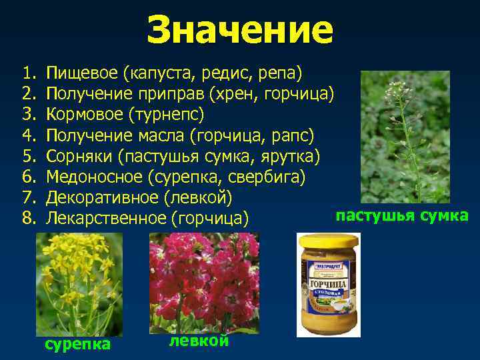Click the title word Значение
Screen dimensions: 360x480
[x=239, y=30]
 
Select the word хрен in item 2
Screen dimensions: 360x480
[x=233, y=93]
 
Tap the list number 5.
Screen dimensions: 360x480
[x=28, y=157]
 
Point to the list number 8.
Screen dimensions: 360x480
[x=28, y=219]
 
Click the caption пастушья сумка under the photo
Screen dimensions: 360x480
[x=402, y=215]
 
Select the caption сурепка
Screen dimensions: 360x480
[x=77, y=344]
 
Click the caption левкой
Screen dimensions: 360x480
[x=199, y=340]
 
